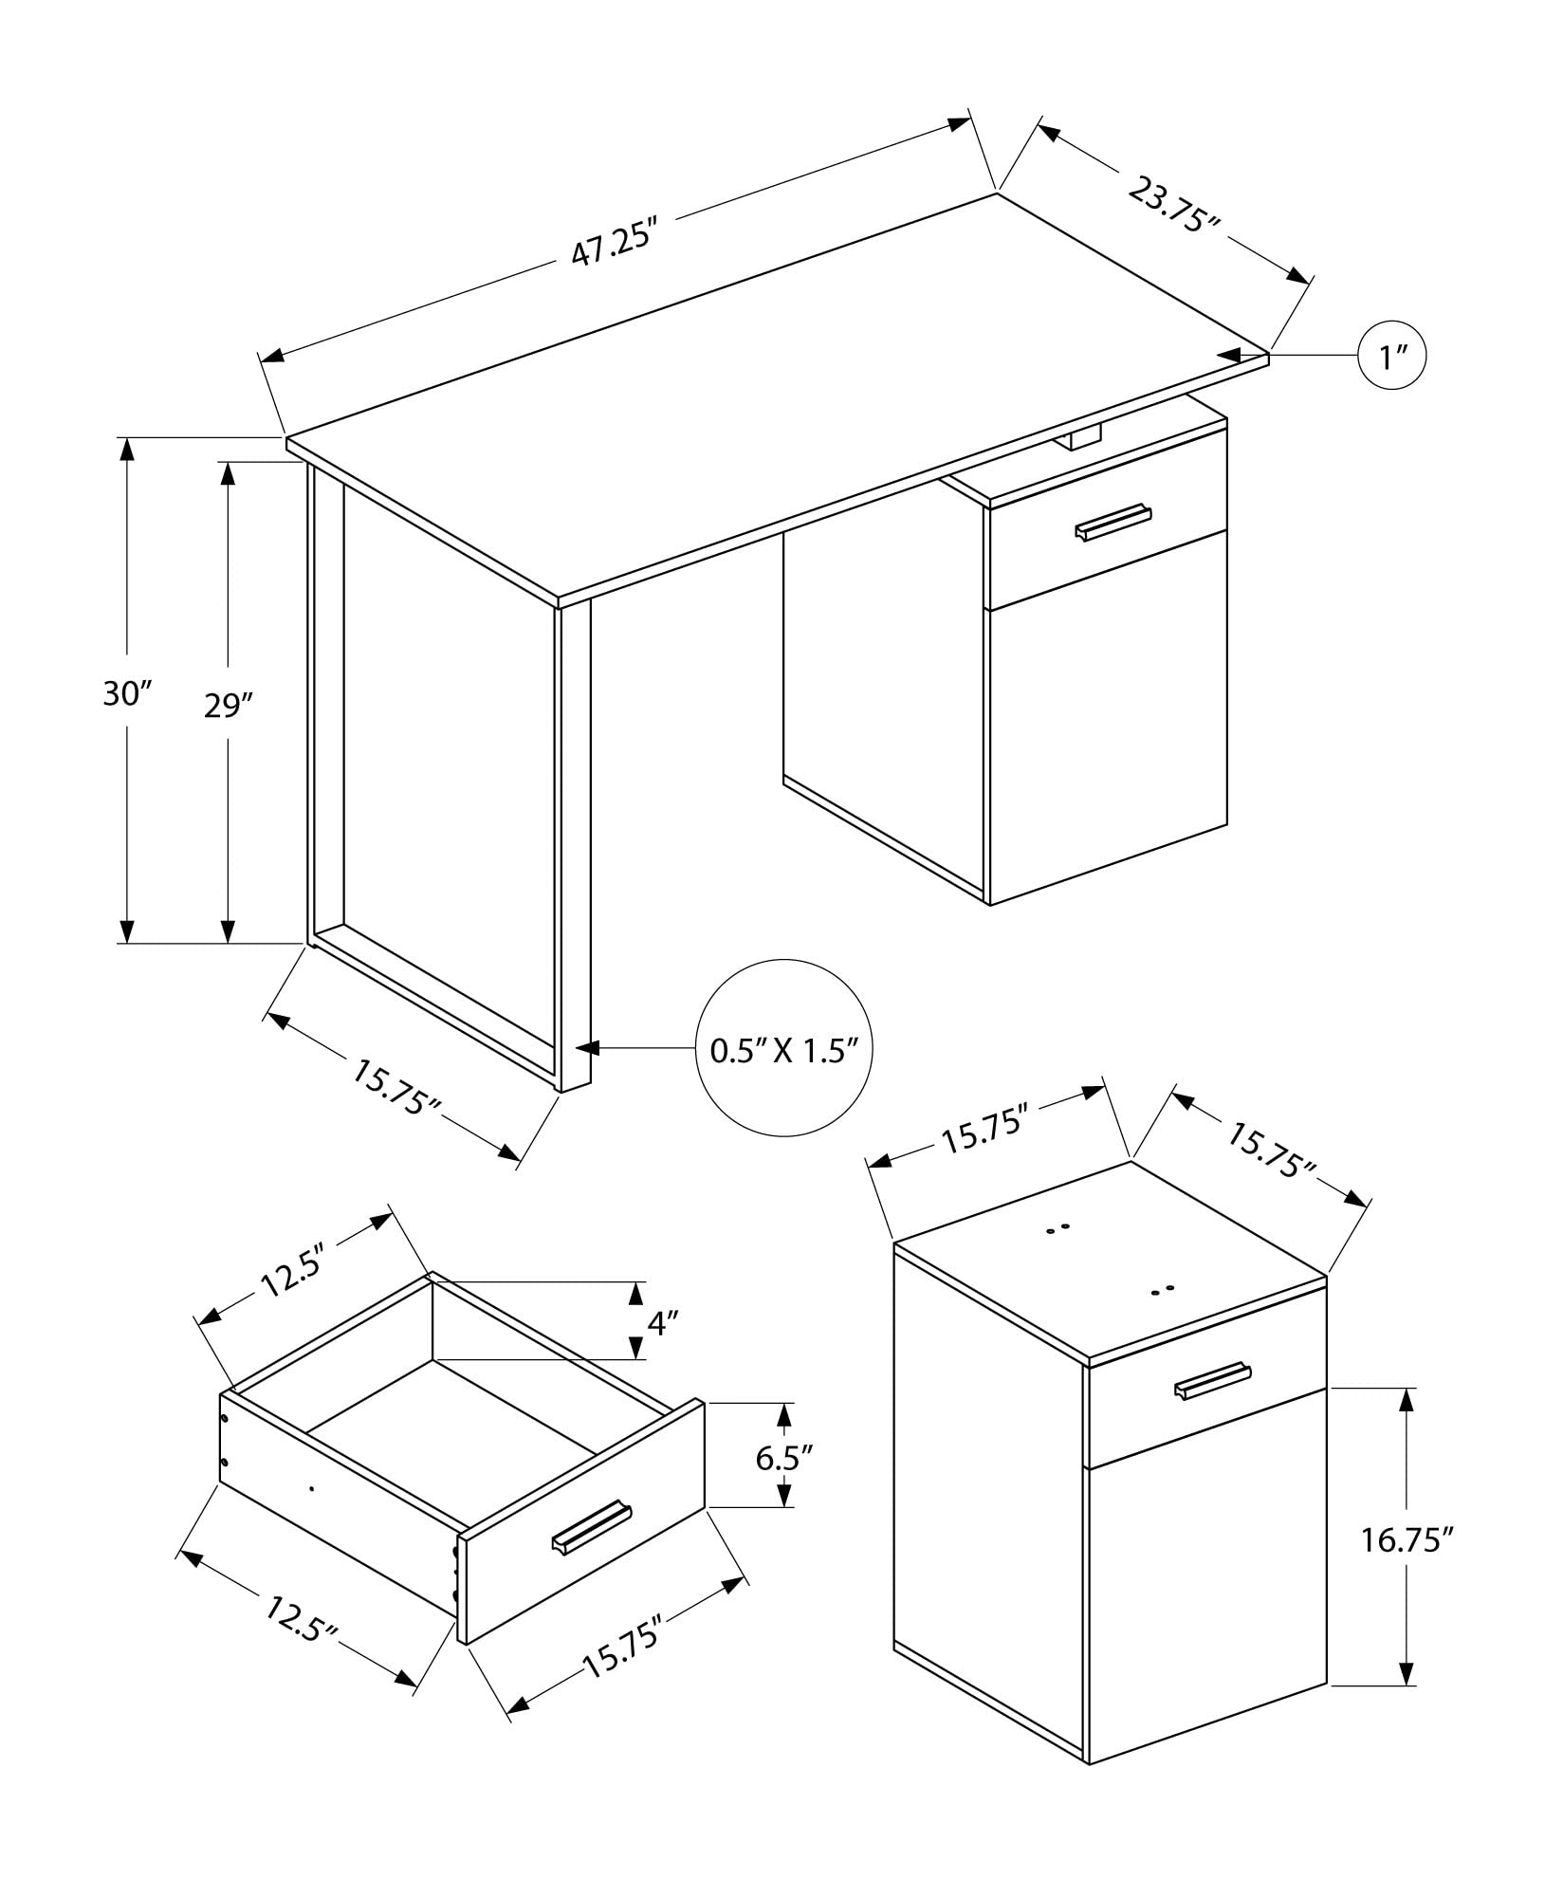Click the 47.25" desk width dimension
coord(614,246)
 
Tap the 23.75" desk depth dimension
coord(1172,203)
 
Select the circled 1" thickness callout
coord(1391,357)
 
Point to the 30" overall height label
coord(127,693)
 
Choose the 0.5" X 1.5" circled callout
coord(783,1049)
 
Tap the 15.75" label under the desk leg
coord(396,1087)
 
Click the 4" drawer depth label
coord(663,1321)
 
